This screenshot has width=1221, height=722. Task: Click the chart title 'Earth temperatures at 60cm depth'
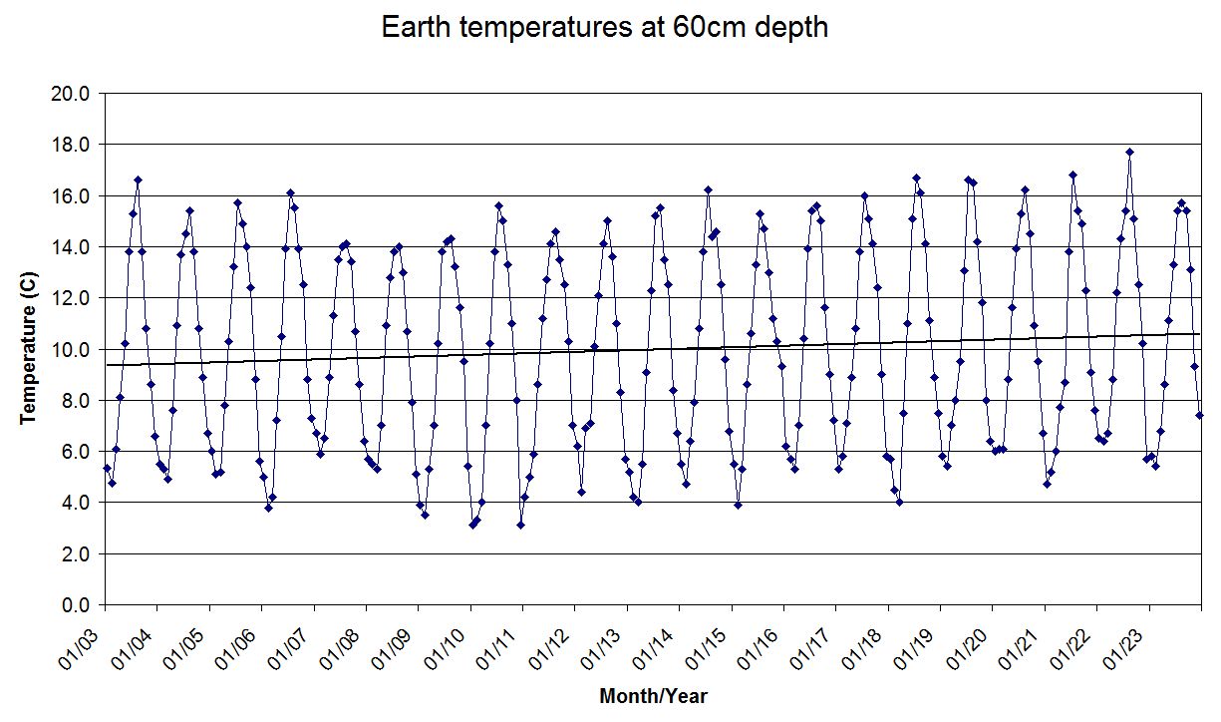point(605,27)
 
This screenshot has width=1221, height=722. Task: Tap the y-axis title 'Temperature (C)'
point(29,349)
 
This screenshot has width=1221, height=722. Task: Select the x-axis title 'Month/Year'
point(653,696)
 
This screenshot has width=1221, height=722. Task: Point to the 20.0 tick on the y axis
point(72,94)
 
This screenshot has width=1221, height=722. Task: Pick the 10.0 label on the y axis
point(72,349)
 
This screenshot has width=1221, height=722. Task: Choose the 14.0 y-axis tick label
point(72,247)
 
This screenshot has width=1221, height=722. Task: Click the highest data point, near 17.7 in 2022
point(1129,153)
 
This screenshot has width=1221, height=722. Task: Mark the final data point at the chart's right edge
point(1200,415)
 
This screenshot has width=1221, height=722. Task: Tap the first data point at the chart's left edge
point(107,468)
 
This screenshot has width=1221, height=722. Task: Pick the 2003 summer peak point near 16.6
point(138,180)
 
